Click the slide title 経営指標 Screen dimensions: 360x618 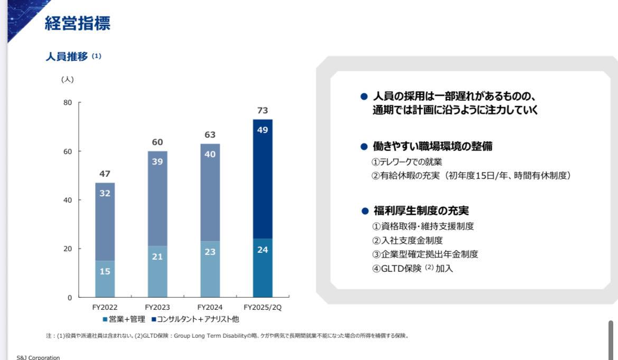78,23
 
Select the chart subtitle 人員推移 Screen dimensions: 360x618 67,57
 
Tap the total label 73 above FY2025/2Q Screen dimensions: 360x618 263,110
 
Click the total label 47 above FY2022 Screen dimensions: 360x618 105,174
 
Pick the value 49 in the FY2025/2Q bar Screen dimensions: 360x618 263,129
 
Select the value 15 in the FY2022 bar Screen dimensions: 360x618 105,271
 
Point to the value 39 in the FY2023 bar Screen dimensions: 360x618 157,162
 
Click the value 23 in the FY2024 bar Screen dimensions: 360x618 210,252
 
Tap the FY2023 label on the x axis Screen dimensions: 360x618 157,307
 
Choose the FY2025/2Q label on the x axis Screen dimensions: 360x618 263,307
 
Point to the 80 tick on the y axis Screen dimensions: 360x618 68,102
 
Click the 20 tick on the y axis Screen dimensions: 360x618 68,249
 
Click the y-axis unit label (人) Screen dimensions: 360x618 68,80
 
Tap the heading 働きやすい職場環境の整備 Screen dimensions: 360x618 433,147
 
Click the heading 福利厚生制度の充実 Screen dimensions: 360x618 420,211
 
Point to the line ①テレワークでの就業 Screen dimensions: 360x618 407,162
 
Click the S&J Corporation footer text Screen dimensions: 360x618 38,357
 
